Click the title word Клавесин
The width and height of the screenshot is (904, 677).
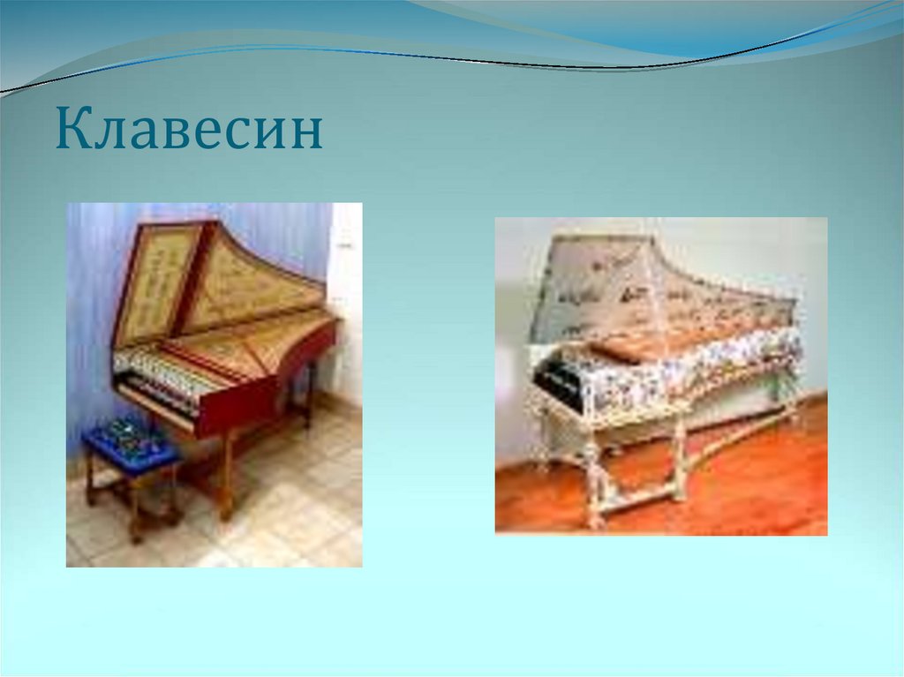pos(189,130)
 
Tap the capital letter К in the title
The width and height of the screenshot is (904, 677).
pos(72,130)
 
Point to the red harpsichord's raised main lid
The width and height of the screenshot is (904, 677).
pos(256,282)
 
